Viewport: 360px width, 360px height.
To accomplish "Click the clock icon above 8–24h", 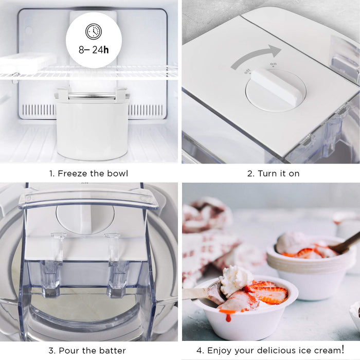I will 94,31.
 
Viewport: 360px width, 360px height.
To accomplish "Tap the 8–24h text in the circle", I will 94,50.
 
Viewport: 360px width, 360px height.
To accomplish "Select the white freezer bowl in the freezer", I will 92,129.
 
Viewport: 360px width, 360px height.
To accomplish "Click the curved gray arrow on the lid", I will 256,56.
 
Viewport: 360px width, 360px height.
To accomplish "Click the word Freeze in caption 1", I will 73,173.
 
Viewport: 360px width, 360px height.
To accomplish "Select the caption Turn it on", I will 273,173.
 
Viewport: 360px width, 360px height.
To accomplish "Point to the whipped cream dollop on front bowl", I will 236,279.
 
